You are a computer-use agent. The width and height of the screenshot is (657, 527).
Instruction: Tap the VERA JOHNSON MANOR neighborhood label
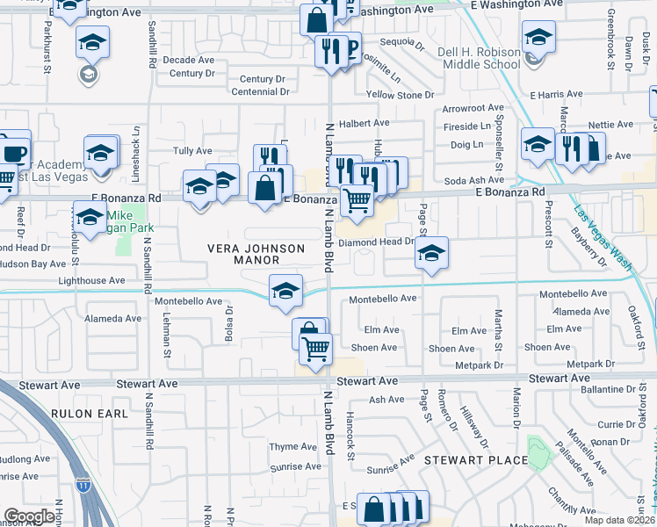(255, 254)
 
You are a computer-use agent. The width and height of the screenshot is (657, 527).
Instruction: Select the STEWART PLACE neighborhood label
(476, 460)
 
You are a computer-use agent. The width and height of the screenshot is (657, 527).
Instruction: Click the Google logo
(30, 517)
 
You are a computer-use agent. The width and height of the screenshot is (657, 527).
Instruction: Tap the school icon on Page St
(431, 253)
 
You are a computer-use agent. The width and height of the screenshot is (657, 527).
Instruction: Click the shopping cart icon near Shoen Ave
(315, 348)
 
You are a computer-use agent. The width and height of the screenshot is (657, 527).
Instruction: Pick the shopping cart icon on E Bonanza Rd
(356, 200)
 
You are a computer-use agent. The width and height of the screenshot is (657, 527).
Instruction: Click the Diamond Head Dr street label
(382, 242)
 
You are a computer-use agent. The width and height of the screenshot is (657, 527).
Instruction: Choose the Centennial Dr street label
(260, 91)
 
